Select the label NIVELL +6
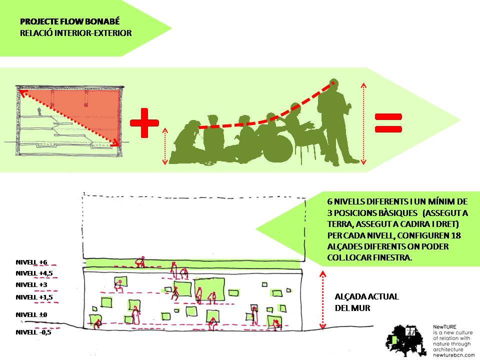31,262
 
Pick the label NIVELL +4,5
33,273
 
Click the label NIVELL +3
31,284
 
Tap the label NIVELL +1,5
33,297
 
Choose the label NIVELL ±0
31,314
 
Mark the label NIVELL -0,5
33,332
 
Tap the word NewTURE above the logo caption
443,326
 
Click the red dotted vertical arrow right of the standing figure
363,122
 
